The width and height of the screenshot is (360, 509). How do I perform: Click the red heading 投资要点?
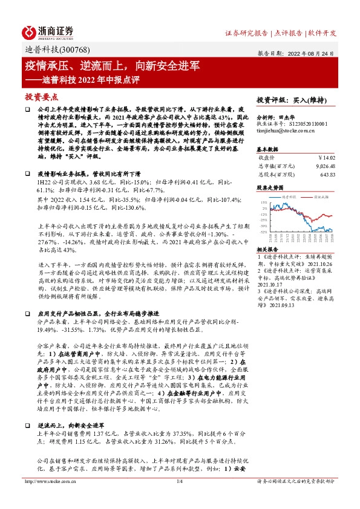42,96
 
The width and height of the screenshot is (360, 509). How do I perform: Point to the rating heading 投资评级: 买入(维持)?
291,99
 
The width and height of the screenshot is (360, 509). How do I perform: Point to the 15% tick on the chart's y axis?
263,203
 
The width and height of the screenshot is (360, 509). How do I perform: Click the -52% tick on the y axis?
263,232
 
